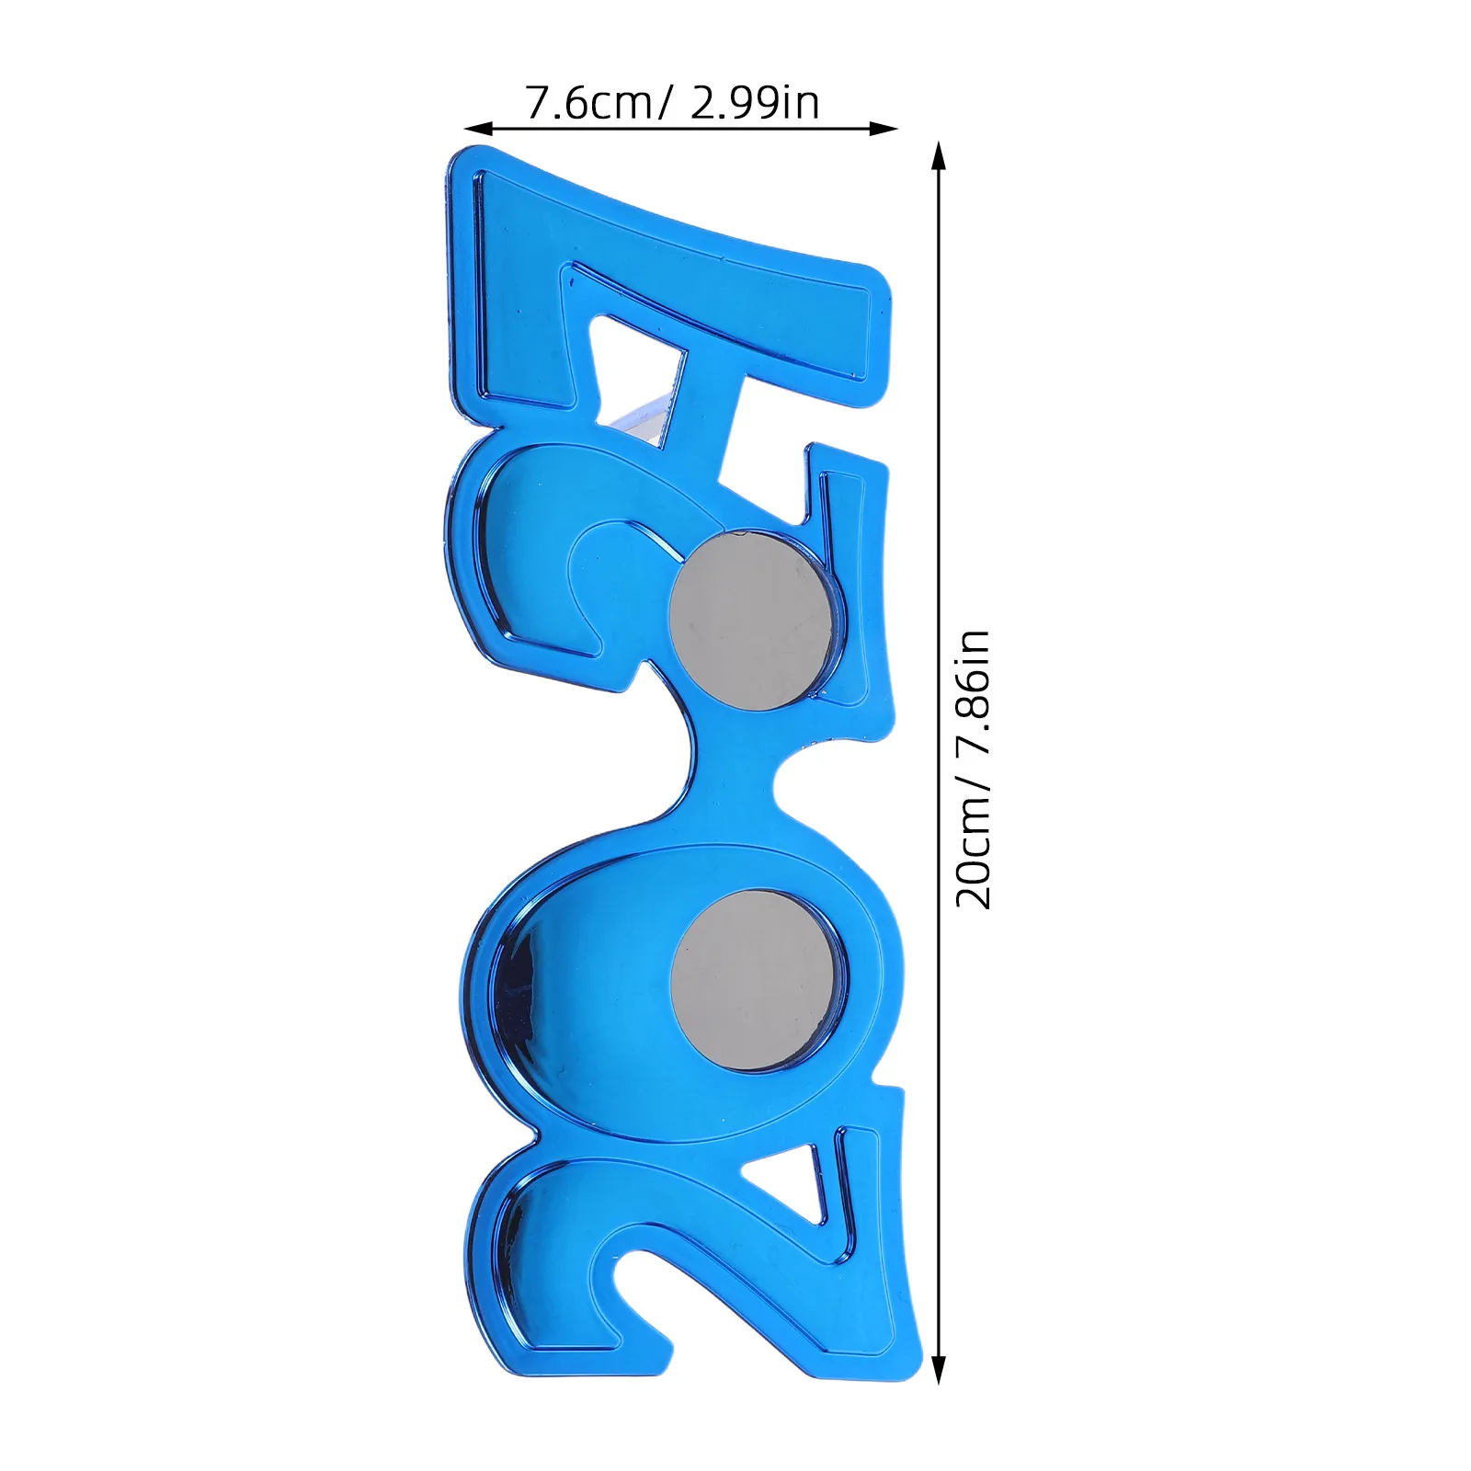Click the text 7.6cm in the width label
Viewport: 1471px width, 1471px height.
589,102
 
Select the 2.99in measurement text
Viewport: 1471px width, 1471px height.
754,102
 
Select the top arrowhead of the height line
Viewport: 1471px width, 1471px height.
939,156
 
